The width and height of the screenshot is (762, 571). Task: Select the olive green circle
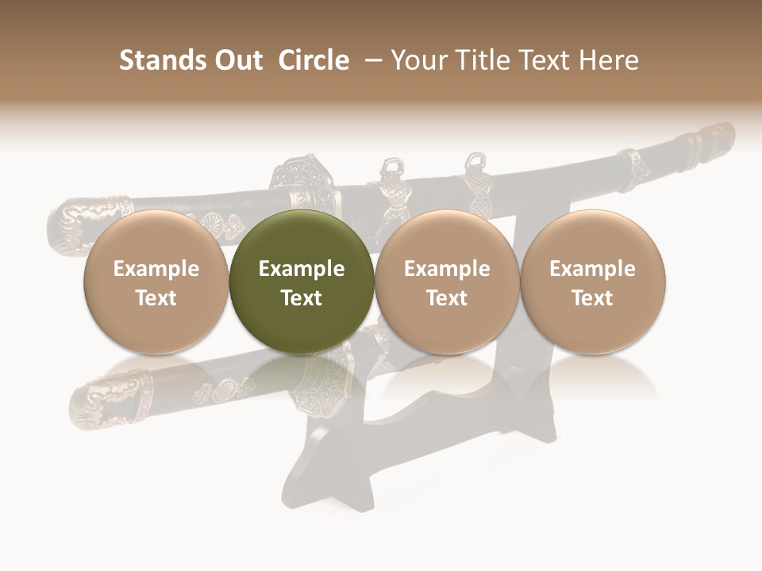(302, 282)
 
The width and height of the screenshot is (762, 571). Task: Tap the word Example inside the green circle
(302, 269)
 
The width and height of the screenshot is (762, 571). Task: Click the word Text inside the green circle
(302, 298)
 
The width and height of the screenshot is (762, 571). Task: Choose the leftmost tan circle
(156, 282)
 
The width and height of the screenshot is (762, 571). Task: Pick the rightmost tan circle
(593, 282)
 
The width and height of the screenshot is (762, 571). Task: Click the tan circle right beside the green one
(447, 282)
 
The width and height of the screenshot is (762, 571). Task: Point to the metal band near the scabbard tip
(635, 162)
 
